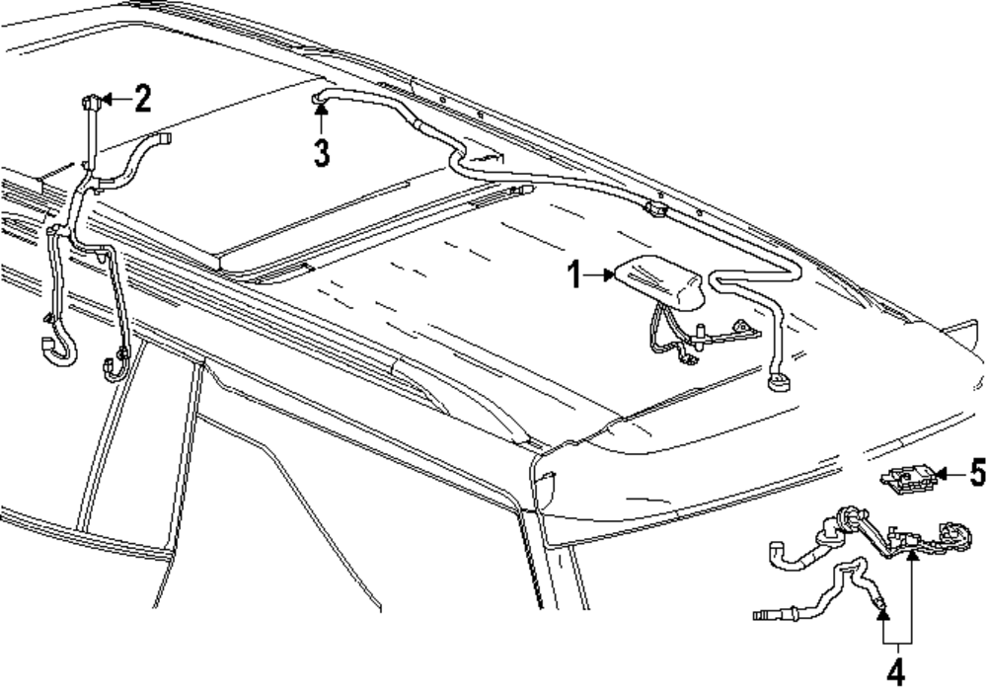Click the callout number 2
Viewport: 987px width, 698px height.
tap(143, 98)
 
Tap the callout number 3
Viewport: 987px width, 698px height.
tap(321, 154)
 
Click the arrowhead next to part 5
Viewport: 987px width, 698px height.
tap(942, 475)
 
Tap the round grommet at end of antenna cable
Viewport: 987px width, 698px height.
tap(779, 378)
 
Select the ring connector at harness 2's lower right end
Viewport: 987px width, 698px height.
tap(111, 367)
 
